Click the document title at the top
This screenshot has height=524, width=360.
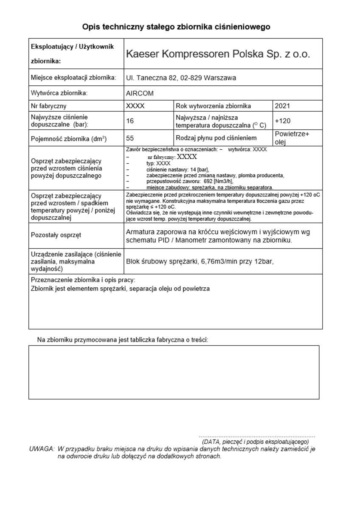(176, 27)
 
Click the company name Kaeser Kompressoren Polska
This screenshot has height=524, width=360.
(218, 54)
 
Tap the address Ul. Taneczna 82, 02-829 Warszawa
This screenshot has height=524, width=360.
(181, 78)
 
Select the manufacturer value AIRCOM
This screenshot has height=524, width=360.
(140, 93)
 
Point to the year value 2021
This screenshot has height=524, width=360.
(282, 106)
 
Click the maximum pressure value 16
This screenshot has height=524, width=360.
(130, 121)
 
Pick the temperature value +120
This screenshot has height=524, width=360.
(283, 121)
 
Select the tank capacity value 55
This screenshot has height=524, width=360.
(130, 138)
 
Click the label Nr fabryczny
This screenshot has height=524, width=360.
(48, 106)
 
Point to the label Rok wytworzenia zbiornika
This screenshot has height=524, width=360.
(213, 106)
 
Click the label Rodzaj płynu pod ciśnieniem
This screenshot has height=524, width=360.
(216, 138)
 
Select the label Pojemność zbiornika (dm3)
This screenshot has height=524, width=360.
(69, 138)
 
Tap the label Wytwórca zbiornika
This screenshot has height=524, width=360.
(59, 93)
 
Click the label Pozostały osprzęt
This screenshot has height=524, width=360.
(56, 235)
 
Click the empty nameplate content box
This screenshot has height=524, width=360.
(174, 372)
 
